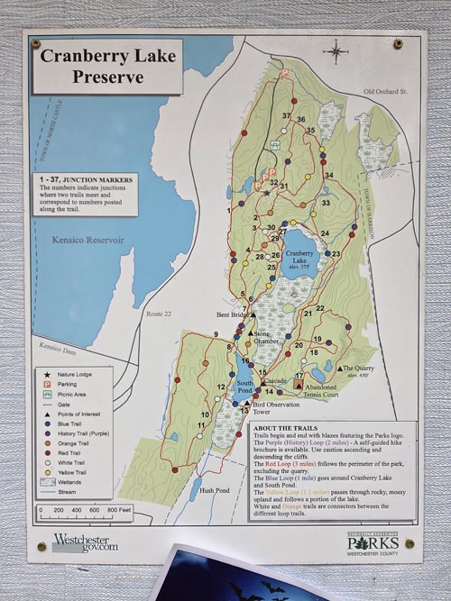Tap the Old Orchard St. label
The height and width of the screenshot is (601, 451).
tap(386, 92)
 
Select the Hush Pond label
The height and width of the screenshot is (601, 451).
tap(215, 490)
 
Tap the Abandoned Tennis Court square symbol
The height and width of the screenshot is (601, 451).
tap(299, 384)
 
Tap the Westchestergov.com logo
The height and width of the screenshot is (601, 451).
tap(85, 542)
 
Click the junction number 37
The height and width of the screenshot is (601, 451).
tap(286, 116)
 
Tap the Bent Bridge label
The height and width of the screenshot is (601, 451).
tap(230, 315)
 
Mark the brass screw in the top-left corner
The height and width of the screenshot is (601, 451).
tap(36, 42)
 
